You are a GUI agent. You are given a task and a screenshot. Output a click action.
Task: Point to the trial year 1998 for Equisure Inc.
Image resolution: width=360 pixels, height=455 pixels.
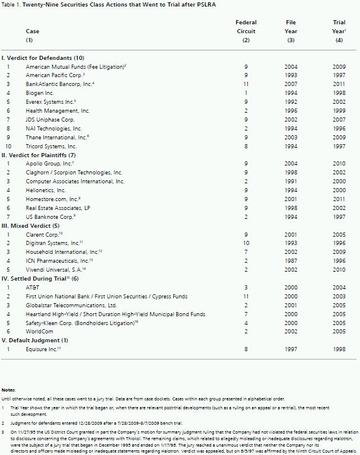(x=339, y=349)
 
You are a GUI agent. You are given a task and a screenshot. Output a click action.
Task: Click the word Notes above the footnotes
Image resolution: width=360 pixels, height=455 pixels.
(x=9, y=389)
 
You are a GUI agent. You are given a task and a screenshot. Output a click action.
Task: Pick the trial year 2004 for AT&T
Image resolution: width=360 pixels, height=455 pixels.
(x=339, y=287)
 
